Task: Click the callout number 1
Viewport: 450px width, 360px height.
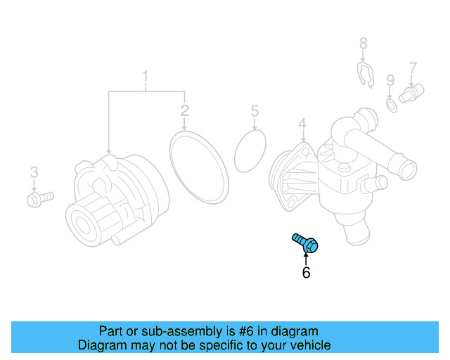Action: click(x=146, y=75)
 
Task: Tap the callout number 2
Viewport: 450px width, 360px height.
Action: click(x=184, y=110)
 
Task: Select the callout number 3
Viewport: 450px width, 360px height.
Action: click(x=33, y=172)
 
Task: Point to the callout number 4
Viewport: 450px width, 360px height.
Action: click(x=302, y=125)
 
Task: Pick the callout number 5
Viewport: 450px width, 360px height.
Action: click(x=255, y=110)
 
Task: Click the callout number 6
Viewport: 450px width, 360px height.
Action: click(x=306, y=273)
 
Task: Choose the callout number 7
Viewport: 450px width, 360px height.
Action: click(x=413, y=68)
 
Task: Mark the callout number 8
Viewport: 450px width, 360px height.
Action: click(x=364, y=44)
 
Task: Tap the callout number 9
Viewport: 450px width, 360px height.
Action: click(x=390, y=81)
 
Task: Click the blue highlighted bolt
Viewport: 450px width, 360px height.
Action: click(x=306, y=243)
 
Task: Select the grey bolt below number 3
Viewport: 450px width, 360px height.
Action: click(x=39, y=200)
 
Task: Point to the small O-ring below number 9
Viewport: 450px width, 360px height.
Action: click(x=391, y=105)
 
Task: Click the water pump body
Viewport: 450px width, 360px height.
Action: click(x=116, y=200)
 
